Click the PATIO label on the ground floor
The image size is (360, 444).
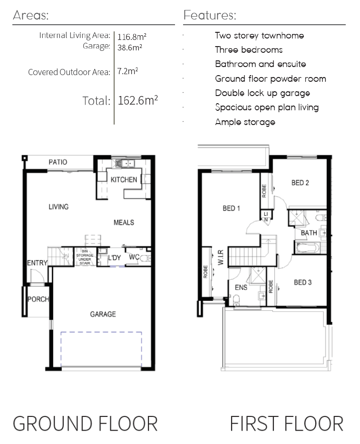click(x=58, y=162)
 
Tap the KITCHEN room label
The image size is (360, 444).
click(x=124, y=180)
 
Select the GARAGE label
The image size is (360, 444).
click(x=103, y=314)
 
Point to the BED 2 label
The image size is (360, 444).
click(x=300, y=183)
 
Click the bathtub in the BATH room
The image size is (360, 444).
click(x=308, y=248)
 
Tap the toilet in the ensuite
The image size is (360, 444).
click(x=236, y=300)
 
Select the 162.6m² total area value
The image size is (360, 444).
click(x=137, y=100)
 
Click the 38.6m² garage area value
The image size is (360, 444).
click(x=130, y=47)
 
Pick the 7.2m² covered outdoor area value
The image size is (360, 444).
click(x=127, y=71)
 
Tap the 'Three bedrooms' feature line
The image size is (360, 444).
click(x=249, y=50)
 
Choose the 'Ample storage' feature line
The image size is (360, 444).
click(x=245, y=122)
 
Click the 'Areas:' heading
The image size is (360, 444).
click(x=30, y=15)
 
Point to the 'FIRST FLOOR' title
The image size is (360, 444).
click(x=287, y=424)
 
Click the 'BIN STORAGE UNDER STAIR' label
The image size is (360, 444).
click(x=85, y=257)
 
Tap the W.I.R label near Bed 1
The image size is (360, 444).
click(x=221, y=257)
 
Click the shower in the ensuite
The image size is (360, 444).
click(x=257, y=275)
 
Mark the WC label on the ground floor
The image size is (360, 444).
click(x=134, y=257)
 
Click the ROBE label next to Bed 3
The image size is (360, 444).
click(x=271, y=286)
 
